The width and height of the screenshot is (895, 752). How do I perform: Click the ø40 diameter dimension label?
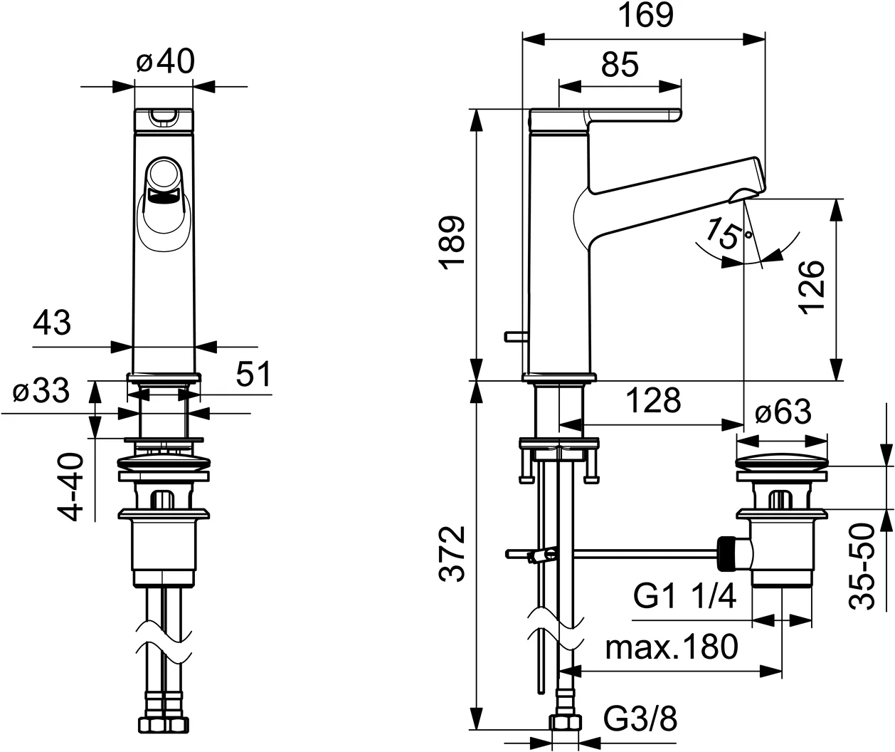(164, 63)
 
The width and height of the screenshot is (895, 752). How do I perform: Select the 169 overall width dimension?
(645, 15)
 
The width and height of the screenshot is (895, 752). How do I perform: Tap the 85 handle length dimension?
(620, 65)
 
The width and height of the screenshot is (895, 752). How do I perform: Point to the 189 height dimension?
(453, 243)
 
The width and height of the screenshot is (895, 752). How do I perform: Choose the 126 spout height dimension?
(811, 286)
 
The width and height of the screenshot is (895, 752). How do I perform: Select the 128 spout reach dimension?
(653, 401)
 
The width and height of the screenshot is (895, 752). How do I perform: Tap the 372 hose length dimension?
(453, 554)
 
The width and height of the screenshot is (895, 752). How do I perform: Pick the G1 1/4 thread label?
(684, 597)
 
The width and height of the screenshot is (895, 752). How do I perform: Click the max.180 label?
(672, 647)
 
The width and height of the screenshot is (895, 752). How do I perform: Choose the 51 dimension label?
(253, 374)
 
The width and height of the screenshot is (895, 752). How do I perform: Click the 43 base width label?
(52, 323)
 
